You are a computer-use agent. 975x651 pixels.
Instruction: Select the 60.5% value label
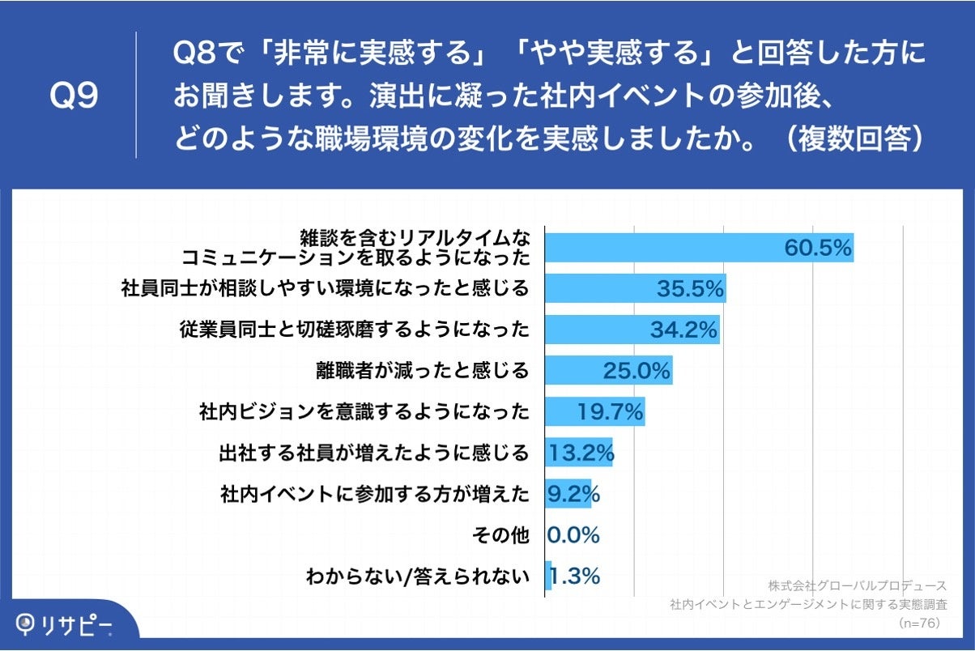pos(818,248)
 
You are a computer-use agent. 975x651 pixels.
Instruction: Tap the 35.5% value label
pos(689,288)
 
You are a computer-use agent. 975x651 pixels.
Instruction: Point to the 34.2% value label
pos(683,330)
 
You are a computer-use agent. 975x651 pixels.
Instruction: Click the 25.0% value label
pos(637,371)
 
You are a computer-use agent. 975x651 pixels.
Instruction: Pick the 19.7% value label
pos(610,412)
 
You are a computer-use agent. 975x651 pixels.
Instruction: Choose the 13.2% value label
pos(581,453)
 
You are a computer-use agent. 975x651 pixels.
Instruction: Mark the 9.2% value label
pos(573,494)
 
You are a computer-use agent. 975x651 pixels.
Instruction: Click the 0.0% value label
pos(573,535)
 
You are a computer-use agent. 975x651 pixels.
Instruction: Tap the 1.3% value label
pos(575,577)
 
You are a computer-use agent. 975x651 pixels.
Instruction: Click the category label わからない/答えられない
pos(417,577)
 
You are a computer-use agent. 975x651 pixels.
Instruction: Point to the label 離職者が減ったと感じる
pos(422,371)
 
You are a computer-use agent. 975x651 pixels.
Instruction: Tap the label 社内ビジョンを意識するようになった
pos(364,412)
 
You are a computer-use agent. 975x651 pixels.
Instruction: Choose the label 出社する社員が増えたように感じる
pos(373,453)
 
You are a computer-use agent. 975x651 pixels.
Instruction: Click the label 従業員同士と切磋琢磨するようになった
pos(354,330)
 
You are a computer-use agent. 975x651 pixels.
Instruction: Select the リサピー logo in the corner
pos(65,624)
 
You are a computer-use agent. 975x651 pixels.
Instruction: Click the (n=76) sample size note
pos(918,623)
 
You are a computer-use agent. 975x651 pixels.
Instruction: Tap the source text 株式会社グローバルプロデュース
pos(857,585)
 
